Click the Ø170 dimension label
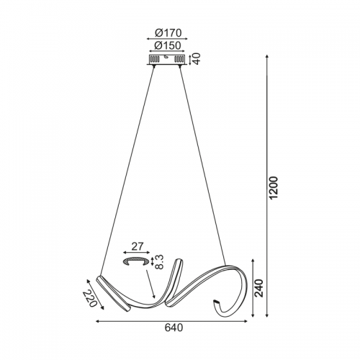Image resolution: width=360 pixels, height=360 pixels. [x=168, y=33]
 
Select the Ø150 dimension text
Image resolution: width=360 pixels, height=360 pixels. [x=167, y=45]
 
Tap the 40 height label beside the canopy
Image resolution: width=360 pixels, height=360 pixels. [x=197, y=59]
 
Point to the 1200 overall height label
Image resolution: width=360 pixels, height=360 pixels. [x=274, y=187]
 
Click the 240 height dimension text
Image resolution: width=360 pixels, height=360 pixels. [x=259, y=288]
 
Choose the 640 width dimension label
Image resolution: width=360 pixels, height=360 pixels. [x=174, y=328]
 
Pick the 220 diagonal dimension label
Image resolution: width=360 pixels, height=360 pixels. [x=90, y=299]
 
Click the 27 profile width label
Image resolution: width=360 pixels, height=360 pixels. [x=138, y=246]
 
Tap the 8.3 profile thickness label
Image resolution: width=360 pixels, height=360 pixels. [x=161, y=262]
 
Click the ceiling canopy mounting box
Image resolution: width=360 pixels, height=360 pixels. [x=167, y=60]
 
